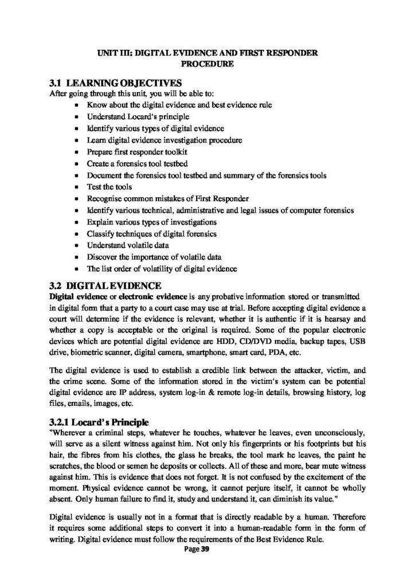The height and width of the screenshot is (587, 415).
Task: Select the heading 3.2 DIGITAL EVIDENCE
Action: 107,285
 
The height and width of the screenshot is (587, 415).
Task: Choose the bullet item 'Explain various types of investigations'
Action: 152,222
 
